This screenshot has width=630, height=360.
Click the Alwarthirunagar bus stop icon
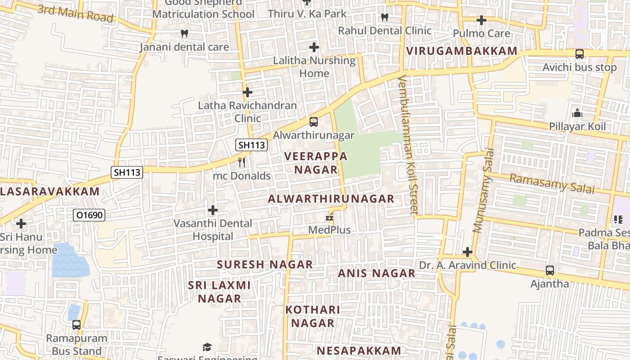point(314,121)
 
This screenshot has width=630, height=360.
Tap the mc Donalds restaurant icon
point(242,162)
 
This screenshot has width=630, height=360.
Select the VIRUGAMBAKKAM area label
point(462,51)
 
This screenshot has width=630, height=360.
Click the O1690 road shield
point(89,215)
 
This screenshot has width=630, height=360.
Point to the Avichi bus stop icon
point(580,54)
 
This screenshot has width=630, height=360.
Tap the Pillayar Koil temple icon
point(577,113)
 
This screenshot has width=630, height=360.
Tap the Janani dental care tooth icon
point(184,33)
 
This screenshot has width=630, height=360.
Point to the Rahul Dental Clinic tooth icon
point(384,18)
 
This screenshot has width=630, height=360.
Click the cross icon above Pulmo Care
point(481,20)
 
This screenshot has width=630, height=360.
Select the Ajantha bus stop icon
point(550,270)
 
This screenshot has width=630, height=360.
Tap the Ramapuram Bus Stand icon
point(76,324)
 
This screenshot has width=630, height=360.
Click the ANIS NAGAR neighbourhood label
point(377,273)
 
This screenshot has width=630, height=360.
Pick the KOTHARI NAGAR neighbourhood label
point(313,316)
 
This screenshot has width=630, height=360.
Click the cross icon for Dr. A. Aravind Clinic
point(468,252)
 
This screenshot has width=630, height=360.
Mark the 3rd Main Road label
point(75,13)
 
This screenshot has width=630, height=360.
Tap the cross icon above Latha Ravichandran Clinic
point(247,92)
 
